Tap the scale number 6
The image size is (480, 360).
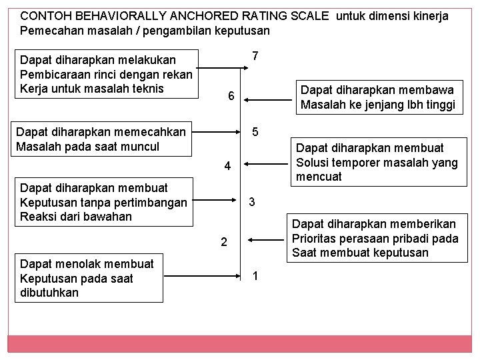tap(230, 97)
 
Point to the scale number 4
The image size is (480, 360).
tap(227, 166)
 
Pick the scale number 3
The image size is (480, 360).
tap(251, 201)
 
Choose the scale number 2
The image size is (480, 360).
tap(225, 242)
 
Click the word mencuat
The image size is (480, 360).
tap(319, 177)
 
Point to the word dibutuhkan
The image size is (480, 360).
tap(49, 293)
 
